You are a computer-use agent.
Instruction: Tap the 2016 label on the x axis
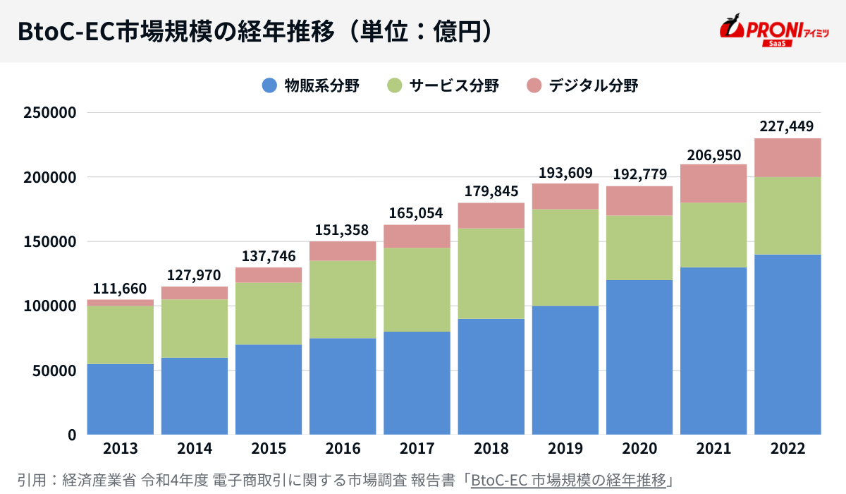click(343, 449)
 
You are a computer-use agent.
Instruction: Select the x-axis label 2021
click(713, 449)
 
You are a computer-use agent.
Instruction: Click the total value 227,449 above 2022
click(787, 127)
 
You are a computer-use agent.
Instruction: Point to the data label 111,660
click(120, 289)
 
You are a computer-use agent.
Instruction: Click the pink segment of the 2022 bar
click(787, 158)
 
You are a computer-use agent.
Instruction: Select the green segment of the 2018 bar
click(491, 273)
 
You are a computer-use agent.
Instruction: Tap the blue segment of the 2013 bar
click(121, 399)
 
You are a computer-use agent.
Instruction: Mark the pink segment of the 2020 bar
click(639, 201)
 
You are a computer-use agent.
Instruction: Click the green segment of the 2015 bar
click(269, 313)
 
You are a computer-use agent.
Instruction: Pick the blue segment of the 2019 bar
click(565, 370)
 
